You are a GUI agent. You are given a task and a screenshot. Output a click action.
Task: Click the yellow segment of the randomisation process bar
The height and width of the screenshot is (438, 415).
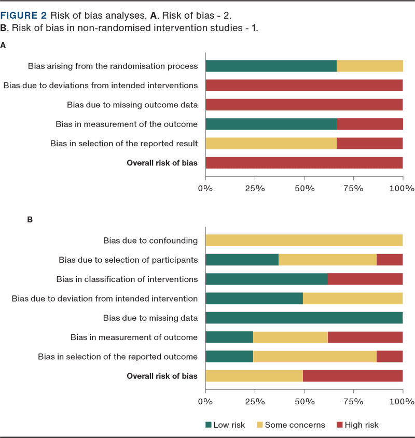[370, 66]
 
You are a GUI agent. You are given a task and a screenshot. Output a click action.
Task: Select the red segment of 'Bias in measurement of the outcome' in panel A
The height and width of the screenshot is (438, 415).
[370, 124]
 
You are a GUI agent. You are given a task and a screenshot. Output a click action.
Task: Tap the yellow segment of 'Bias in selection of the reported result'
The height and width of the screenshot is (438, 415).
[271, 143]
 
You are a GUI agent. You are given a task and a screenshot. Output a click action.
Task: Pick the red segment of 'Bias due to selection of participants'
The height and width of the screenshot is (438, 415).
[390, 260]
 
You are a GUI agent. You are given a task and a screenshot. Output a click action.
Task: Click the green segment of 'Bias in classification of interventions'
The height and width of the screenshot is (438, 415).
[267, 279]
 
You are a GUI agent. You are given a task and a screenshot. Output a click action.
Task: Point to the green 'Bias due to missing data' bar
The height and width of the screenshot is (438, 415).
[305, 318]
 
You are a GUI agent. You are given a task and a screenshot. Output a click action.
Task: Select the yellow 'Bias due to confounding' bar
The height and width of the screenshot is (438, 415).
[305, 241]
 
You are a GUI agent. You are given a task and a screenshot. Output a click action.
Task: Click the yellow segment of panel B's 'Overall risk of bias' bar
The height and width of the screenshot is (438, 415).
[254, 376]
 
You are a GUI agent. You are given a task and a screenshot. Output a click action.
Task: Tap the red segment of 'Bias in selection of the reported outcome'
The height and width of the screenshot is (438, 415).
[390, 357]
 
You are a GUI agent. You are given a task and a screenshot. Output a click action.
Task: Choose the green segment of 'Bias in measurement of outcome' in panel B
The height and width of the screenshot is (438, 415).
[229, 337]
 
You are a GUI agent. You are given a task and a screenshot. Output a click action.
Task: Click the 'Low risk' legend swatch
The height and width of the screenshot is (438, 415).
[209, 425]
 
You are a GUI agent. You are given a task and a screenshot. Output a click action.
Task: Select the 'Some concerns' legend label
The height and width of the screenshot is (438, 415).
[295, 425]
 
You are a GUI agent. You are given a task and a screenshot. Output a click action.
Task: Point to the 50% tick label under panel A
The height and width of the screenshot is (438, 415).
[305, 188]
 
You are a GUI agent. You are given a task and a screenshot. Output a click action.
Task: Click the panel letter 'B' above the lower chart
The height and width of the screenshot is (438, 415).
[30, 220]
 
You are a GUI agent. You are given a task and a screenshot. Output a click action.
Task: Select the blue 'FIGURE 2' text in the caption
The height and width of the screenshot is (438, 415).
[24, 15]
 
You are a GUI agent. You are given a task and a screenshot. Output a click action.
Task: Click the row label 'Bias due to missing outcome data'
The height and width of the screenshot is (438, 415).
[132, 105]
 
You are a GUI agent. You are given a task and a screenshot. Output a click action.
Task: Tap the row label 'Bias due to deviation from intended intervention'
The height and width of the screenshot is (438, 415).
[105, 299]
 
